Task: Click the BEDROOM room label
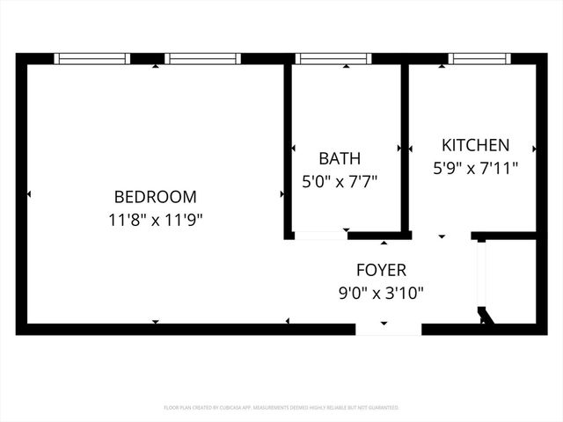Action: (x=156, y=197)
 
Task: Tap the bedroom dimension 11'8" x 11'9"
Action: (x=156, y=220)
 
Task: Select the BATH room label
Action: (x=340, y=159)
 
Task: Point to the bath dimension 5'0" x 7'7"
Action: (x=340, y=182)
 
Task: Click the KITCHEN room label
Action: (x=475, y=145)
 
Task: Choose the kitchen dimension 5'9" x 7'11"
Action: (x=475, y=167)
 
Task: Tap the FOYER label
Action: (x=381, y=270)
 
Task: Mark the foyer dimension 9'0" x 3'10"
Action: (x=381, y=293)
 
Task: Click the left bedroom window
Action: (x=92, y=59)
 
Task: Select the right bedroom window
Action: (x=202, y=59)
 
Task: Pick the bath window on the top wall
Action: (x=334, y=59)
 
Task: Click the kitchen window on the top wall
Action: (x=479, y=59)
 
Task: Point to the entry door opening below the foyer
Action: (x=388, y=329)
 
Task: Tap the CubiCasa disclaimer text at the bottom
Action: (x=281, y=408)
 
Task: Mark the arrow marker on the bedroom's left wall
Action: (x=29, y=194)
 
